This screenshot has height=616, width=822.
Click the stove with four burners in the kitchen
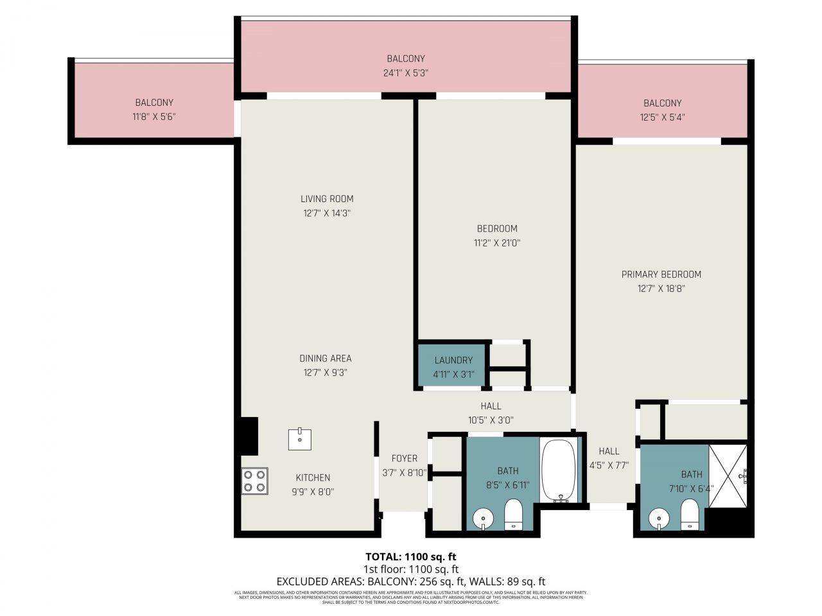tap(254, 481)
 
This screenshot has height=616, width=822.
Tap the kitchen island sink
tap(300, 440)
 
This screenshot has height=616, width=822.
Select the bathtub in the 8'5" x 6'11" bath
tap(560, 470)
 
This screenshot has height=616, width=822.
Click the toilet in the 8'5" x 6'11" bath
tap(514, 516)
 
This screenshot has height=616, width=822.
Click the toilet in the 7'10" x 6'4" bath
tap(689, 516)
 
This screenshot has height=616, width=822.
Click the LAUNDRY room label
tap(453, 360)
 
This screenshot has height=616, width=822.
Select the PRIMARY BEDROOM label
tap(661, 274)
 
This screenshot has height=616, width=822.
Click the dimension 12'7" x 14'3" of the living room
tap(327, 213)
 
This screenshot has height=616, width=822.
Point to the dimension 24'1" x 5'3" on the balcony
tap(405, 73)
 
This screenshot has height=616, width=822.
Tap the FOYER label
tap(404, 458)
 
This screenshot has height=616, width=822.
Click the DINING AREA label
tap(326, 358)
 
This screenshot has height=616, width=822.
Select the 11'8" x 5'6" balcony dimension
tap(154, 117)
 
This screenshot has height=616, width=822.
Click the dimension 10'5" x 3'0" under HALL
tap(491, 420)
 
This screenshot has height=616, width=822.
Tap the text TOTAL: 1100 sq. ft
tap(411, 556)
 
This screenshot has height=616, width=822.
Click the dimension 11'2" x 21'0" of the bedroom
tap(497, 243)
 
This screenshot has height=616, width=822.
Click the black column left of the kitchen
tap(249, 436)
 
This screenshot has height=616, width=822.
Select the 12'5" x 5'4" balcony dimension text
tap(662, 117)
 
